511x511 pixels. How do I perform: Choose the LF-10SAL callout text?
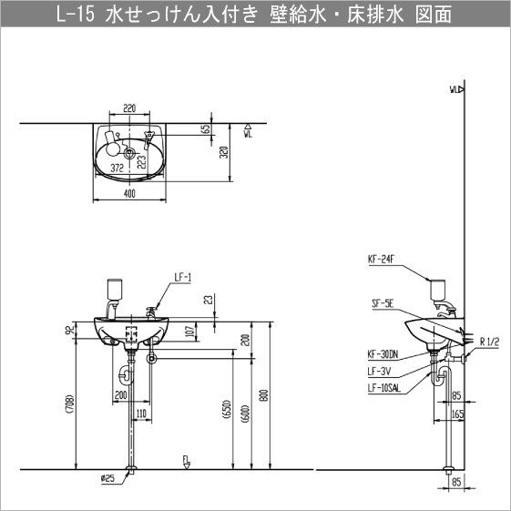(385, 387)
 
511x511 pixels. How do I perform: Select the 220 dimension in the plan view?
(129, 108)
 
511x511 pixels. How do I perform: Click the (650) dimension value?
(225, 413)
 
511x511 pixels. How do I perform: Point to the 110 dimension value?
(141, 414)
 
